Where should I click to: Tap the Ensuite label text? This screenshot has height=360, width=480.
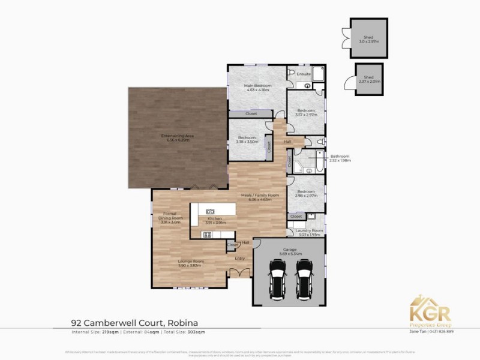coord(304,74)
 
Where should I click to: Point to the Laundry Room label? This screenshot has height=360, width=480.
coord(310,231)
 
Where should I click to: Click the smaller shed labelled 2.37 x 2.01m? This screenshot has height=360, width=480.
coord(368,78)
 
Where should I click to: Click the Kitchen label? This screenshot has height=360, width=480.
coord(215,219)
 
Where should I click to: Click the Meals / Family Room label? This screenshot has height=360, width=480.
coord(260,196)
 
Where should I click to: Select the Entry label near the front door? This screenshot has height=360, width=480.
coord(239,259)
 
